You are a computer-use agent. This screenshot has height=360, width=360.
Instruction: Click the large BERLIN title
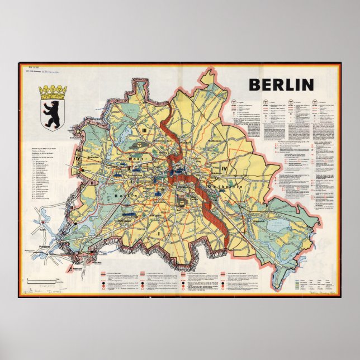click(281, 85)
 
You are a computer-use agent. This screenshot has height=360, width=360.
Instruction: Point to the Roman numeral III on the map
click(144, 130)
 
